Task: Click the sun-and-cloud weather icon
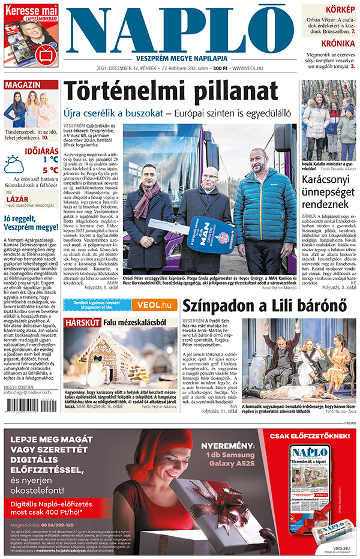click(14, 164)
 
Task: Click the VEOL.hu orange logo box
click(151, 305)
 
